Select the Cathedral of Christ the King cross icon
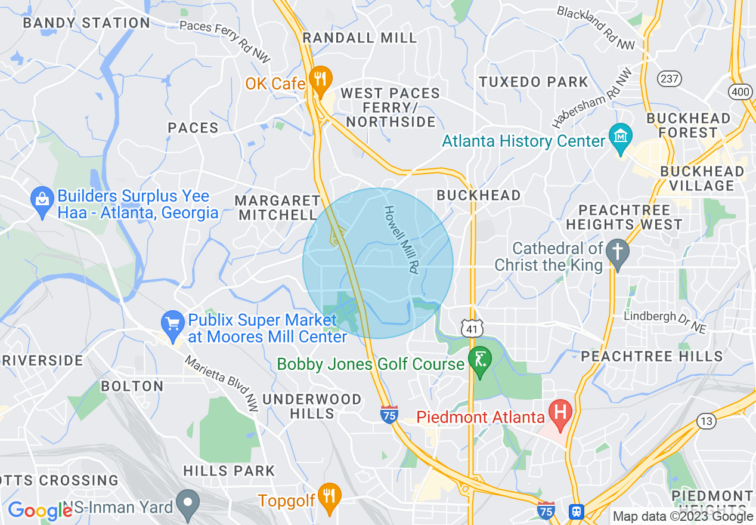618,254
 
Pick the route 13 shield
707,421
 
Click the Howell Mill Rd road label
400,240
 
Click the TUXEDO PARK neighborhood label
534,82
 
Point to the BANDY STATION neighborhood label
86,23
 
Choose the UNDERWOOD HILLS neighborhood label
312,406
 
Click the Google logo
40,511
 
